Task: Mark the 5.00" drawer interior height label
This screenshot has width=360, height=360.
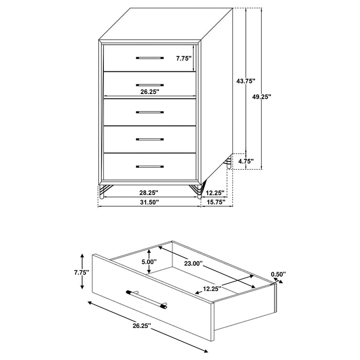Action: [x=148, y=261]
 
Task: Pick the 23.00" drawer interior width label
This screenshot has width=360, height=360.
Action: [x=193, y=264]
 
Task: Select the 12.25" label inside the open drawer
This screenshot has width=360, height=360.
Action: [x=211, y=289]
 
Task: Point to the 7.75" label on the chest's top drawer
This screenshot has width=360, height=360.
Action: [x=184, y=58]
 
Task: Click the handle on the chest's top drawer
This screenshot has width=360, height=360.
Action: [x=150, y=58]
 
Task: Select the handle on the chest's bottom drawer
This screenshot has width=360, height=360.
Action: [x=150, y=166]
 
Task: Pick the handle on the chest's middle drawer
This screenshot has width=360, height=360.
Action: [x=150, y=112]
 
